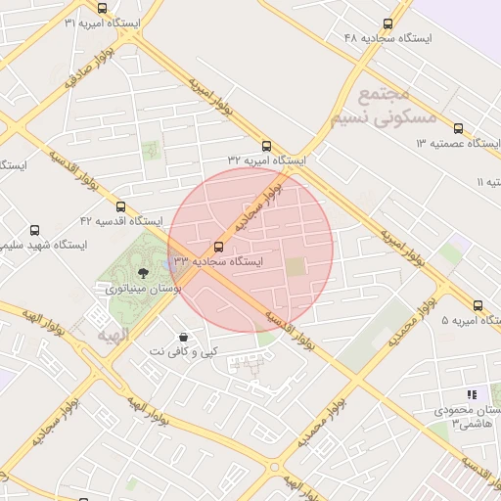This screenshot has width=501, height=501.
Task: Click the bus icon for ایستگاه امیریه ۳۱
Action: point(102,8)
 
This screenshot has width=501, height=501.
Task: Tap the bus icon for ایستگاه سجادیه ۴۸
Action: point(388,23)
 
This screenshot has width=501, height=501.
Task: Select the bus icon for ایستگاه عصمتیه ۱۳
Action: point(459,128)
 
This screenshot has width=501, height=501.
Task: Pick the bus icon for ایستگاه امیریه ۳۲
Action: point(266,145)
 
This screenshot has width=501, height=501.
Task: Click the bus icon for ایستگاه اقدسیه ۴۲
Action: point(120,206)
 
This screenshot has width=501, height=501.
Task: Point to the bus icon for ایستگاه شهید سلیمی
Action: point(35,230)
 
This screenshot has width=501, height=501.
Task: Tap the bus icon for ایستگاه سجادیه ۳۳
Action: point(217,247)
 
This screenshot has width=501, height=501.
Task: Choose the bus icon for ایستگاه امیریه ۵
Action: point(478,305)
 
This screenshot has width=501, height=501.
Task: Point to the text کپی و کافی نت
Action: point(183,351)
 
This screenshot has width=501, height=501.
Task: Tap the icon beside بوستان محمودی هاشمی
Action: point(471,394)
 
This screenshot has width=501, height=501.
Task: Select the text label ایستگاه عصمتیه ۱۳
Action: point(458,144)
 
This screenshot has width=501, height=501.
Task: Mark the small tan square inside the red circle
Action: point(296,265)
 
